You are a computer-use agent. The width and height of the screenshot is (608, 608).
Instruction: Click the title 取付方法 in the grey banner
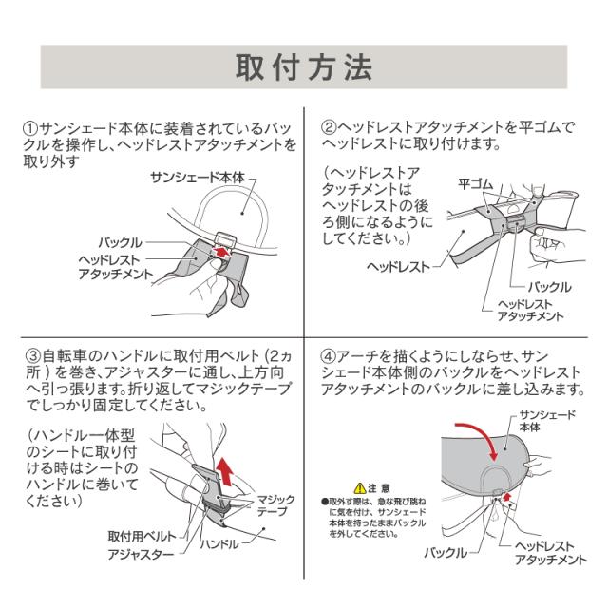click(304, 69)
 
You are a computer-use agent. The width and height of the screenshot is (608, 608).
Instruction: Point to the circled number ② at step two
click(329, 126)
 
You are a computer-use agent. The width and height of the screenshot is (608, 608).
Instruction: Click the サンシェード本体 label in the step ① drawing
click(198, 178)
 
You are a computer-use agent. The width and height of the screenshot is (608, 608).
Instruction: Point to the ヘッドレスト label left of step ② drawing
click(398, 266)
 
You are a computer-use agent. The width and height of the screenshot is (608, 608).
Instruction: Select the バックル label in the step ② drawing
click(548, 286)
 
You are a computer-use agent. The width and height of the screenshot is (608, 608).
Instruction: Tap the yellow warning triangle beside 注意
click(360, 485)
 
